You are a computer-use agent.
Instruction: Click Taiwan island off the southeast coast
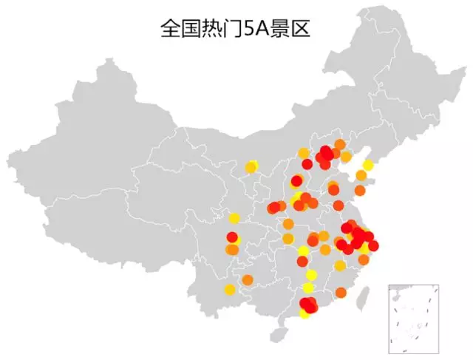362,297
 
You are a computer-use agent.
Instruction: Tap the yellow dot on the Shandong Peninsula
368,165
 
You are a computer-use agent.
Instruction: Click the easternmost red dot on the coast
373,245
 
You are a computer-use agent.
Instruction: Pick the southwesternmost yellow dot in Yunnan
230,289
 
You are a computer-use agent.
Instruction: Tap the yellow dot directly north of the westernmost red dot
234,218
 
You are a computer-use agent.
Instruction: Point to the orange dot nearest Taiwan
341,293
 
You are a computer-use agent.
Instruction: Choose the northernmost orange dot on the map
340,144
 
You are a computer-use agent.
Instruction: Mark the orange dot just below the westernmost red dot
231,250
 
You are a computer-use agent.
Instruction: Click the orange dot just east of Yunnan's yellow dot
248,279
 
